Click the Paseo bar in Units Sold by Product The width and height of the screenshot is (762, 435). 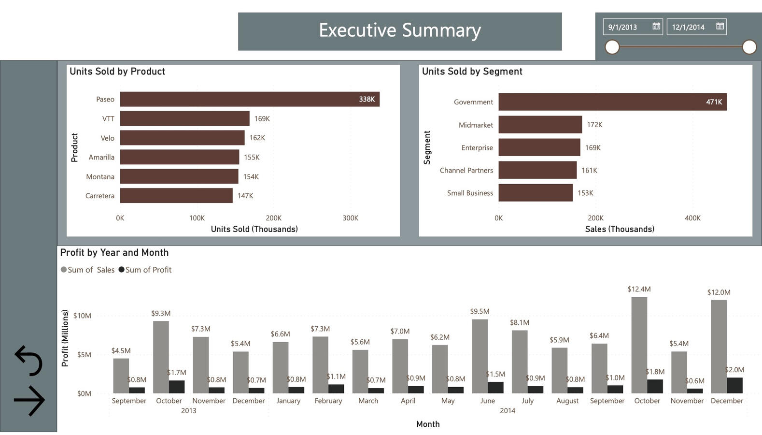(249, 99)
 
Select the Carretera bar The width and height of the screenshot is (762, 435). (176, 196)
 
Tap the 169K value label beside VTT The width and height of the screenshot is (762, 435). (262, 118)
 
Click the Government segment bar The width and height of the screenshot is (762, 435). (612, 102)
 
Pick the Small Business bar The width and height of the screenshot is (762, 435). (536, 193)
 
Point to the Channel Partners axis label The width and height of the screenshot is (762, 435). (466, 170)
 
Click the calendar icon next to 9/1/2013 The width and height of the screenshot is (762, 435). (656, 26)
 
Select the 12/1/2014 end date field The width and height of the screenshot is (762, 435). (688, 27)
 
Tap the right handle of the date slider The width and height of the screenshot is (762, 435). (749, 47)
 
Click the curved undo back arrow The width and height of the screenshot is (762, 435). (29, 361)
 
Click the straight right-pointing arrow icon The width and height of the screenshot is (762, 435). (29, 400)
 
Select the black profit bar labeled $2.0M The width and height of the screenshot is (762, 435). (734, 385)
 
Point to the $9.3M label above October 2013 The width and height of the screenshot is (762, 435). (161, 313)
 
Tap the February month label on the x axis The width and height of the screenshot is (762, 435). (328, 401)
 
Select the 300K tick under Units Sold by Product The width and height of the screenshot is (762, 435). (350, 218)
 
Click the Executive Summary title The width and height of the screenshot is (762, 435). (400, 30)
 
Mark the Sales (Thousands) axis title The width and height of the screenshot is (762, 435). (620, 229)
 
